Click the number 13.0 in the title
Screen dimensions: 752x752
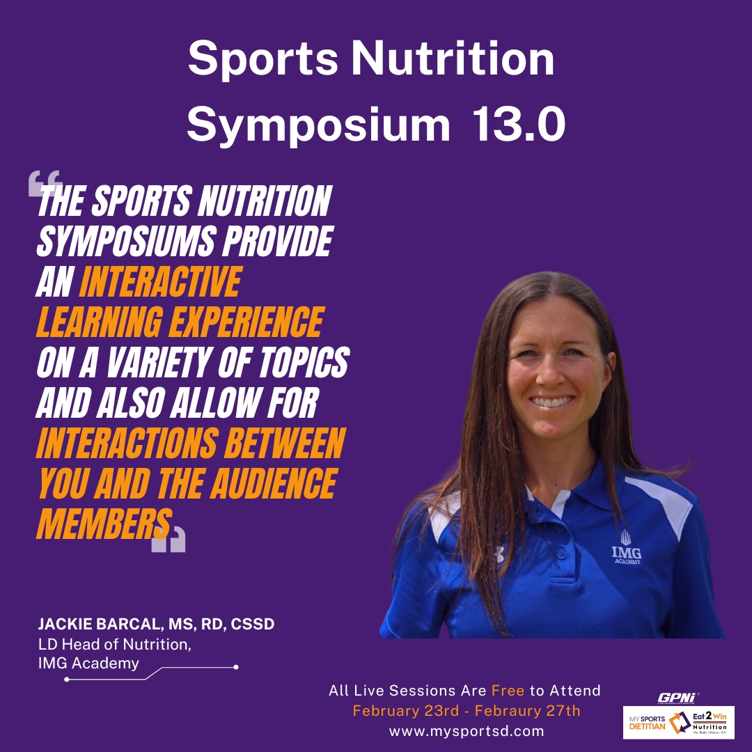[519, 124]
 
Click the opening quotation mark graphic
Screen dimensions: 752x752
[45, 183]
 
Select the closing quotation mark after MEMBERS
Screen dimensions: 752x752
[169, 539]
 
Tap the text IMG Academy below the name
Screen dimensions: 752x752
[88, 664]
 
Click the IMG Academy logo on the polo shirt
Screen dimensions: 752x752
[627, 547]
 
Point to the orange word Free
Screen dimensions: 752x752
[508, 691]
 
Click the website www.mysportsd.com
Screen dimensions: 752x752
[467, 731]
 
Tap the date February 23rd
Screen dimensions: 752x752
[406, 711]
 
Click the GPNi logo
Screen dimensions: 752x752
[678, 698]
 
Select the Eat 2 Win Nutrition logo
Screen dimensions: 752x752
[710, 723]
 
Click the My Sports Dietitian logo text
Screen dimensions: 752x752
[648, 723]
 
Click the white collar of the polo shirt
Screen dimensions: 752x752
[559, 502]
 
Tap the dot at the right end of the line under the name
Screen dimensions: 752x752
[236, 667]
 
